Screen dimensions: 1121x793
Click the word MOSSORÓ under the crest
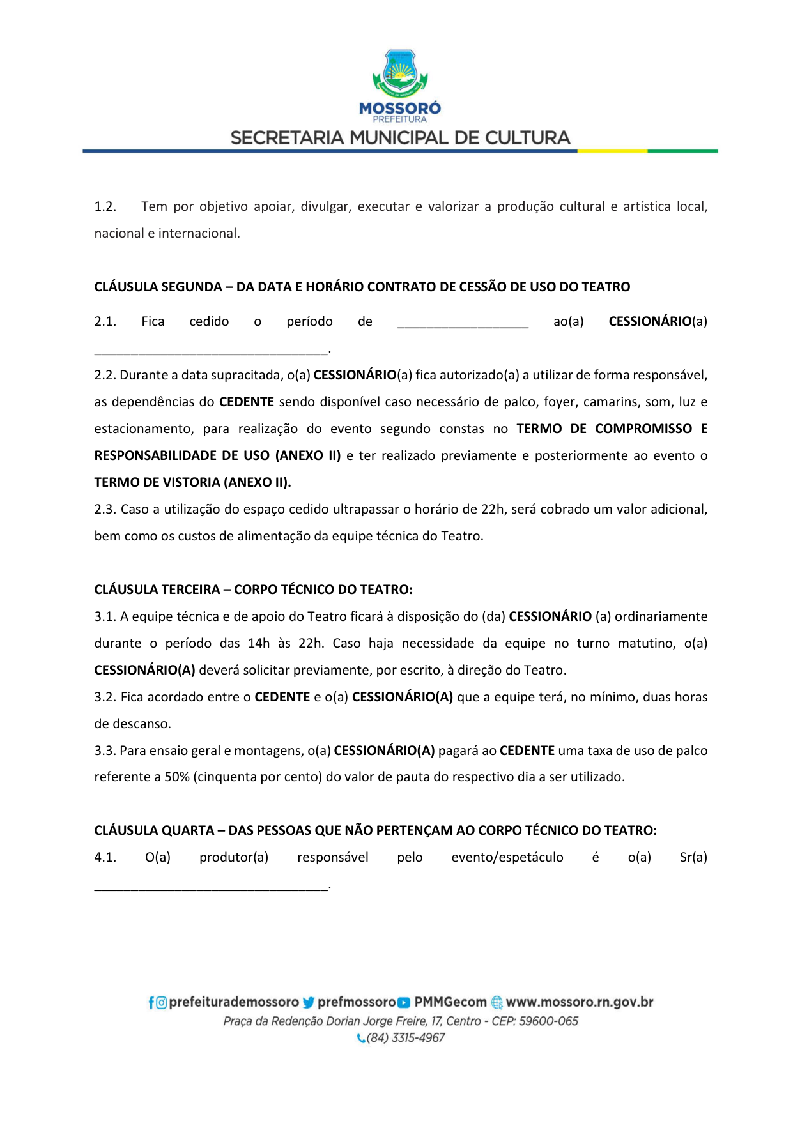[399, 109]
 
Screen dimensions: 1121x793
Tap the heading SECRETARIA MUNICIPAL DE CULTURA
[399, 138]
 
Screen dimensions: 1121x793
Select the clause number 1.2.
[105, 206]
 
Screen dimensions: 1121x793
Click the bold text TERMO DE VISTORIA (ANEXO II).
[192, 482]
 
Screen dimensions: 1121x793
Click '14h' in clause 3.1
[259, 643]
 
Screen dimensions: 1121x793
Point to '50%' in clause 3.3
[177, 777]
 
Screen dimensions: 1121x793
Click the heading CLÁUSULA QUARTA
[153, 830]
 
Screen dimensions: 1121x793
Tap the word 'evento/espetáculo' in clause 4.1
[507, 857]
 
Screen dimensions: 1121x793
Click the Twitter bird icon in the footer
[309, 1003]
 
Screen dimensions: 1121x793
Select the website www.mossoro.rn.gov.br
[580, 1002]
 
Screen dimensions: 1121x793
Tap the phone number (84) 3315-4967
[406, 1038]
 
